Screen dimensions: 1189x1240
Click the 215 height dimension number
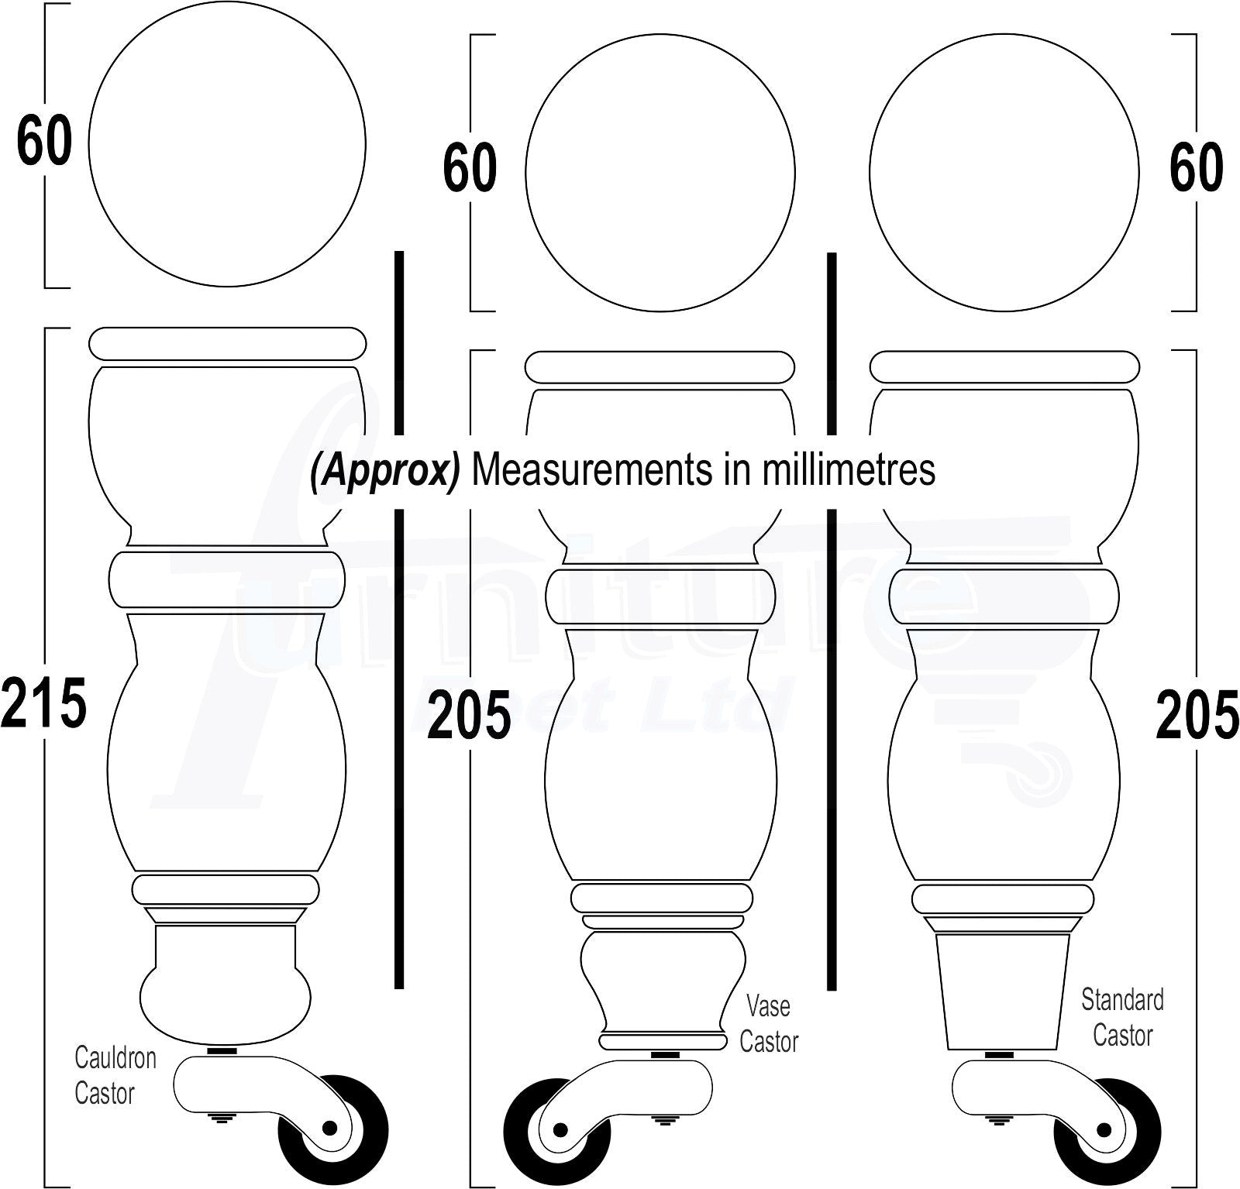pos(43,703)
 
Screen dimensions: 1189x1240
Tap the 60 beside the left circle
pos(44,142)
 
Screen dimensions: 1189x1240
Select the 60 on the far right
pos(1196,168)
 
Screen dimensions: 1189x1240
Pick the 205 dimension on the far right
pos(1197,714)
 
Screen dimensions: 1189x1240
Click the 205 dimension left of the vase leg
pos(469,714)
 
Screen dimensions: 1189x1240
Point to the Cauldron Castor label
pos(114,1075)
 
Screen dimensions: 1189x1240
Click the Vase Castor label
pos(768,1023)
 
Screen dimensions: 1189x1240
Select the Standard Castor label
pos(1122,1017)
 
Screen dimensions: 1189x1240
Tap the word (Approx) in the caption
pos(385,470)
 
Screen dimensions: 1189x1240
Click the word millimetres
pos(849,470)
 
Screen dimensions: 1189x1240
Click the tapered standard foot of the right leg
pos(1003,991)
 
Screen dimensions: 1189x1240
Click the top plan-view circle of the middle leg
pos(660,173)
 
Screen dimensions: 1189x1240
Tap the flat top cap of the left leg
pos(227,343)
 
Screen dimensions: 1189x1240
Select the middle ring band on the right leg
pos(1004,597)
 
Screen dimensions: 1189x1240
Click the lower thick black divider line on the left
pos(399,747)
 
